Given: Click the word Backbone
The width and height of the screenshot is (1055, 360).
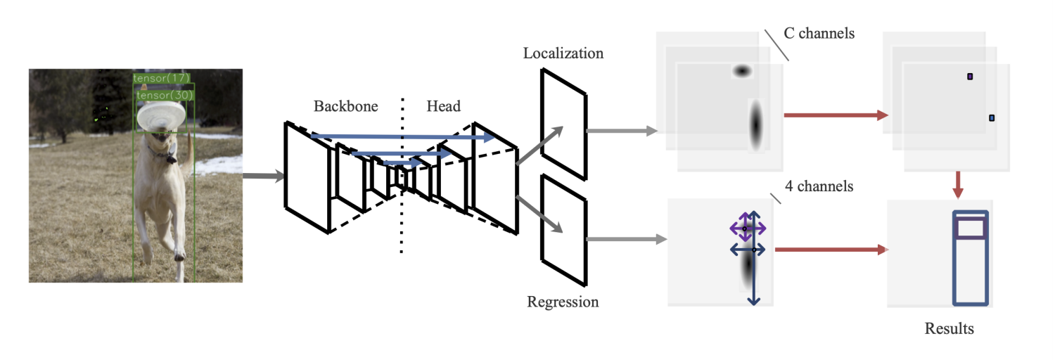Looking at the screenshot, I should click(x=345, y=107).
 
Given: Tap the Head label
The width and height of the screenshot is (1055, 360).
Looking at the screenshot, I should click(x=443, y=107).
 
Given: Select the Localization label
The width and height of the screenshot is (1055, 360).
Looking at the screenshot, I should click(x=563, y=53).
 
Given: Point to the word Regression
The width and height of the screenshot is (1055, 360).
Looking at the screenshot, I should click(x=563, y=302).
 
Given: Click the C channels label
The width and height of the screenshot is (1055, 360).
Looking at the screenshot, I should click(x=819, y=33).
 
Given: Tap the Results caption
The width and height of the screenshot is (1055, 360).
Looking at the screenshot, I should click(x=949, y=328).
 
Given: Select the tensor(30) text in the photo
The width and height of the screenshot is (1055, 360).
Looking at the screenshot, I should click(x=165, y=94).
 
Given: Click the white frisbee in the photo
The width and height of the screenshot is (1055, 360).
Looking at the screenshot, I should click(x=162, y=116).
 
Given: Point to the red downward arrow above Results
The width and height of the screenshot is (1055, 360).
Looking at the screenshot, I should click(x=957, y=184).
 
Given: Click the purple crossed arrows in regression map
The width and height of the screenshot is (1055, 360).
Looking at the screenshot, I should click(x=747, y=229).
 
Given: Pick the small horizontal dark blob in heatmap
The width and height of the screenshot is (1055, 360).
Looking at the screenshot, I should click(x=742, y=71).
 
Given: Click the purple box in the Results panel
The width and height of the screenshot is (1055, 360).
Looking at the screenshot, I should click(x=971, y=228).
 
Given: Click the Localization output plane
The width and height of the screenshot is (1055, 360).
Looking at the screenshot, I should click(x=563, y=123).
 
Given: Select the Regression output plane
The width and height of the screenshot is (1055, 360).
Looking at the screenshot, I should click(x=563, y=229).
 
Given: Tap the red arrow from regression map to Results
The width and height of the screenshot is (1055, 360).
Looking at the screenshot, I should click(x=830, y=249).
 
